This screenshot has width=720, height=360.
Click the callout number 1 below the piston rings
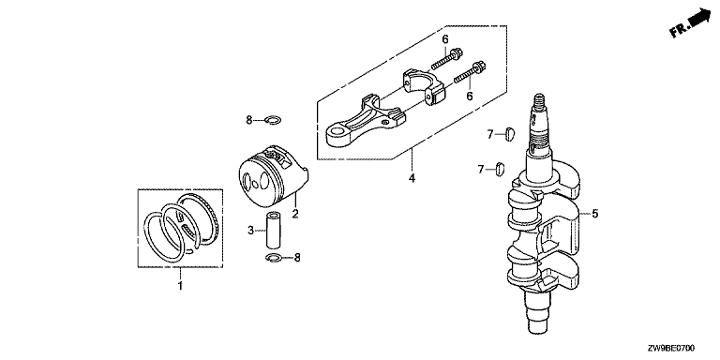pos(180,286)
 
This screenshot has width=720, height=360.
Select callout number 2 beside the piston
pos(295,213)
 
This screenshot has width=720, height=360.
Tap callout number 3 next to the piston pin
pos(250,230)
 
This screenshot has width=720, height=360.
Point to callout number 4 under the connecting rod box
pos(412,178)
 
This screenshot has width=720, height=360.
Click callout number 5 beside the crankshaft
pos(594,214)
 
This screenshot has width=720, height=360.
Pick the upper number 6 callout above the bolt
pos(445,40)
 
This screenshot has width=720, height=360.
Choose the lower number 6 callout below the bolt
pos(470,96)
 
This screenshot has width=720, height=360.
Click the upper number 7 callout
pos(490,134)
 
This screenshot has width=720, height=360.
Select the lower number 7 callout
pos(481,170)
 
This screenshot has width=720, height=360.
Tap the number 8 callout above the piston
pos(249,120)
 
